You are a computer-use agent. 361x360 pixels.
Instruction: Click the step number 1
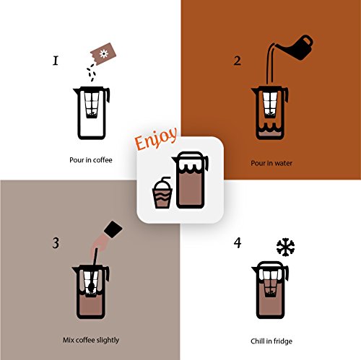[x=56, y=61]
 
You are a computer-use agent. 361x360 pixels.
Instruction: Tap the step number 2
[x=238, y=61]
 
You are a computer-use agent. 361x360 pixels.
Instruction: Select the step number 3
[x=56, y=243]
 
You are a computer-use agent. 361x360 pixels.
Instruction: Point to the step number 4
[x=238, y=242]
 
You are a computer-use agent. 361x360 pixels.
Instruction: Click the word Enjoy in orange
[x=156, y=139]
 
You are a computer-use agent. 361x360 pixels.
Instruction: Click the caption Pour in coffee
[x=91, y=160]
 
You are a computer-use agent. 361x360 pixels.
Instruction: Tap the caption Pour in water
[x=271, y=163]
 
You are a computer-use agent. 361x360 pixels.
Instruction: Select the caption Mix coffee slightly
[x=91, y=340]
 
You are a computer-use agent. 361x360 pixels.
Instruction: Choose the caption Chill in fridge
[x=271, y=341]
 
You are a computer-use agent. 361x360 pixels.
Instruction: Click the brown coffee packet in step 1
[x=103, y=54]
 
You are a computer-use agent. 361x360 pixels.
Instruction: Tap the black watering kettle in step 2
[x=296, y=48]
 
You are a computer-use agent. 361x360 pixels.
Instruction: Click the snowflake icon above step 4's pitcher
[x=286, y=247]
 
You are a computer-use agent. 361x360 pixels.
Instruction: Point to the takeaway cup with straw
[x=162, y=193]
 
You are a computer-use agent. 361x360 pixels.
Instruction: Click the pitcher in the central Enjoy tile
[x=190, y=180]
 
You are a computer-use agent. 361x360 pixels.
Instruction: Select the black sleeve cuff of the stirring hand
[x=113, y=229]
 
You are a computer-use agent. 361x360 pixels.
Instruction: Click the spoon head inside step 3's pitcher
[x=92, y=286]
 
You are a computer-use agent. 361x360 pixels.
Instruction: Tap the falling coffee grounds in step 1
[x=91, y=72]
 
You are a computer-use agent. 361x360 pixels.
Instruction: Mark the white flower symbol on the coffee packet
[x=104, y=53]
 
